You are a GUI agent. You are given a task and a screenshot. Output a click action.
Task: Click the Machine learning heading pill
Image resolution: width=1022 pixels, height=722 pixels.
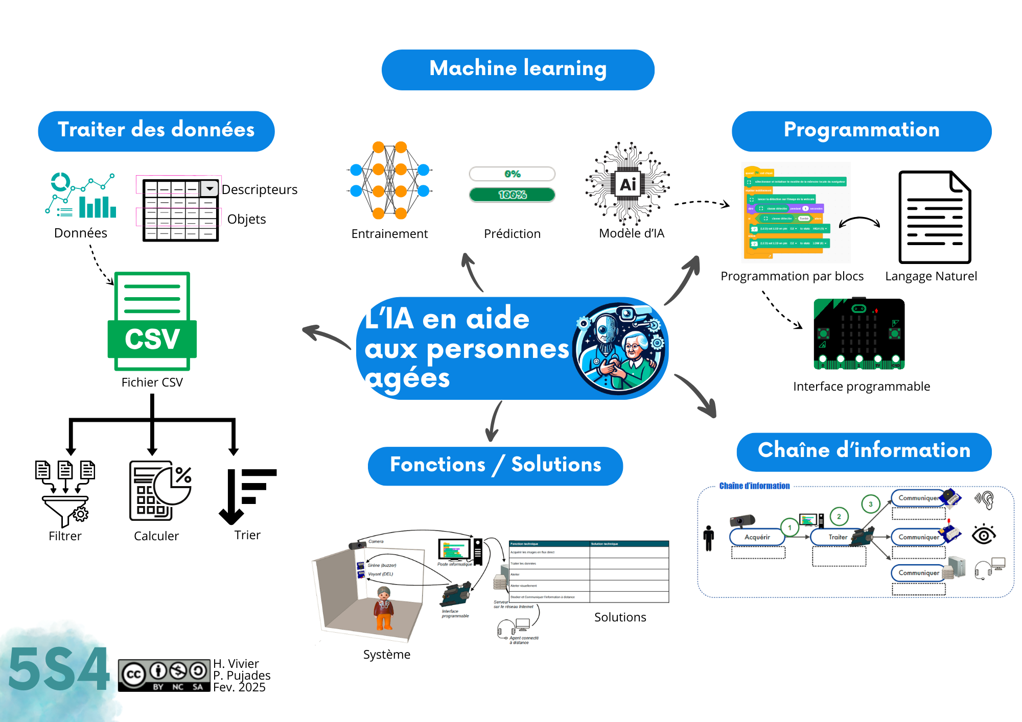518,70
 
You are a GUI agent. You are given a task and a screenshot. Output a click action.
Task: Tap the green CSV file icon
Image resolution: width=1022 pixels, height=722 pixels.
152,322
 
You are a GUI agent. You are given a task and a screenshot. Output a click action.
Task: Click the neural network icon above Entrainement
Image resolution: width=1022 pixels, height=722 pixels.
390,180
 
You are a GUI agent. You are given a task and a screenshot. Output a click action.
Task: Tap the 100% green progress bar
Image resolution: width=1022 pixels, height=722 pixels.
512,195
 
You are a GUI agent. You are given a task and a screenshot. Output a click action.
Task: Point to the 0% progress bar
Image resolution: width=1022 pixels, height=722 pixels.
512,174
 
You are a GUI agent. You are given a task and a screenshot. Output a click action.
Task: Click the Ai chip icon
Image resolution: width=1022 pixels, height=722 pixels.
628,184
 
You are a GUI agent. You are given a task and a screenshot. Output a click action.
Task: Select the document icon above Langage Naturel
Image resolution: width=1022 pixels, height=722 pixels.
935,217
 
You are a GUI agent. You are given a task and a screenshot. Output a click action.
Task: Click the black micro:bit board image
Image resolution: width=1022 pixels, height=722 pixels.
859,334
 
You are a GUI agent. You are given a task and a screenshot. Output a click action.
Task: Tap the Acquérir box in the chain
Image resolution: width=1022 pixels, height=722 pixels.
757,537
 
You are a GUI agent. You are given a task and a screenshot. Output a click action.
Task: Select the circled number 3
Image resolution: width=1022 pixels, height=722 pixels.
871,504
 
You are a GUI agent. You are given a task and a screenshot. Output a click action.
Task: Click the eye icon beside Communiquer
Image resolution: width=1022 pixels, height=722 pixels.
984,535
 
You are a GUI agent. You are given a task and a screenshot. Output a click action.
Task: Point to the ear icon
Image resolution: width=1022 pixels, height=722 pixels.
985,500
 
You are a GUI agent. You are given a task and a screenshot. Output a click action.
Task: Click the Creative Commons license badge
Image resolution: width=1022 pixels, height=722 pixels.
164,676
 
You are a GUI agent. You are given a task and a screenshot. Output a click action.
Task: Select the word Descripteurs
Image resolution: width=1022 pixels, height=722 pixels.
260,190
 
